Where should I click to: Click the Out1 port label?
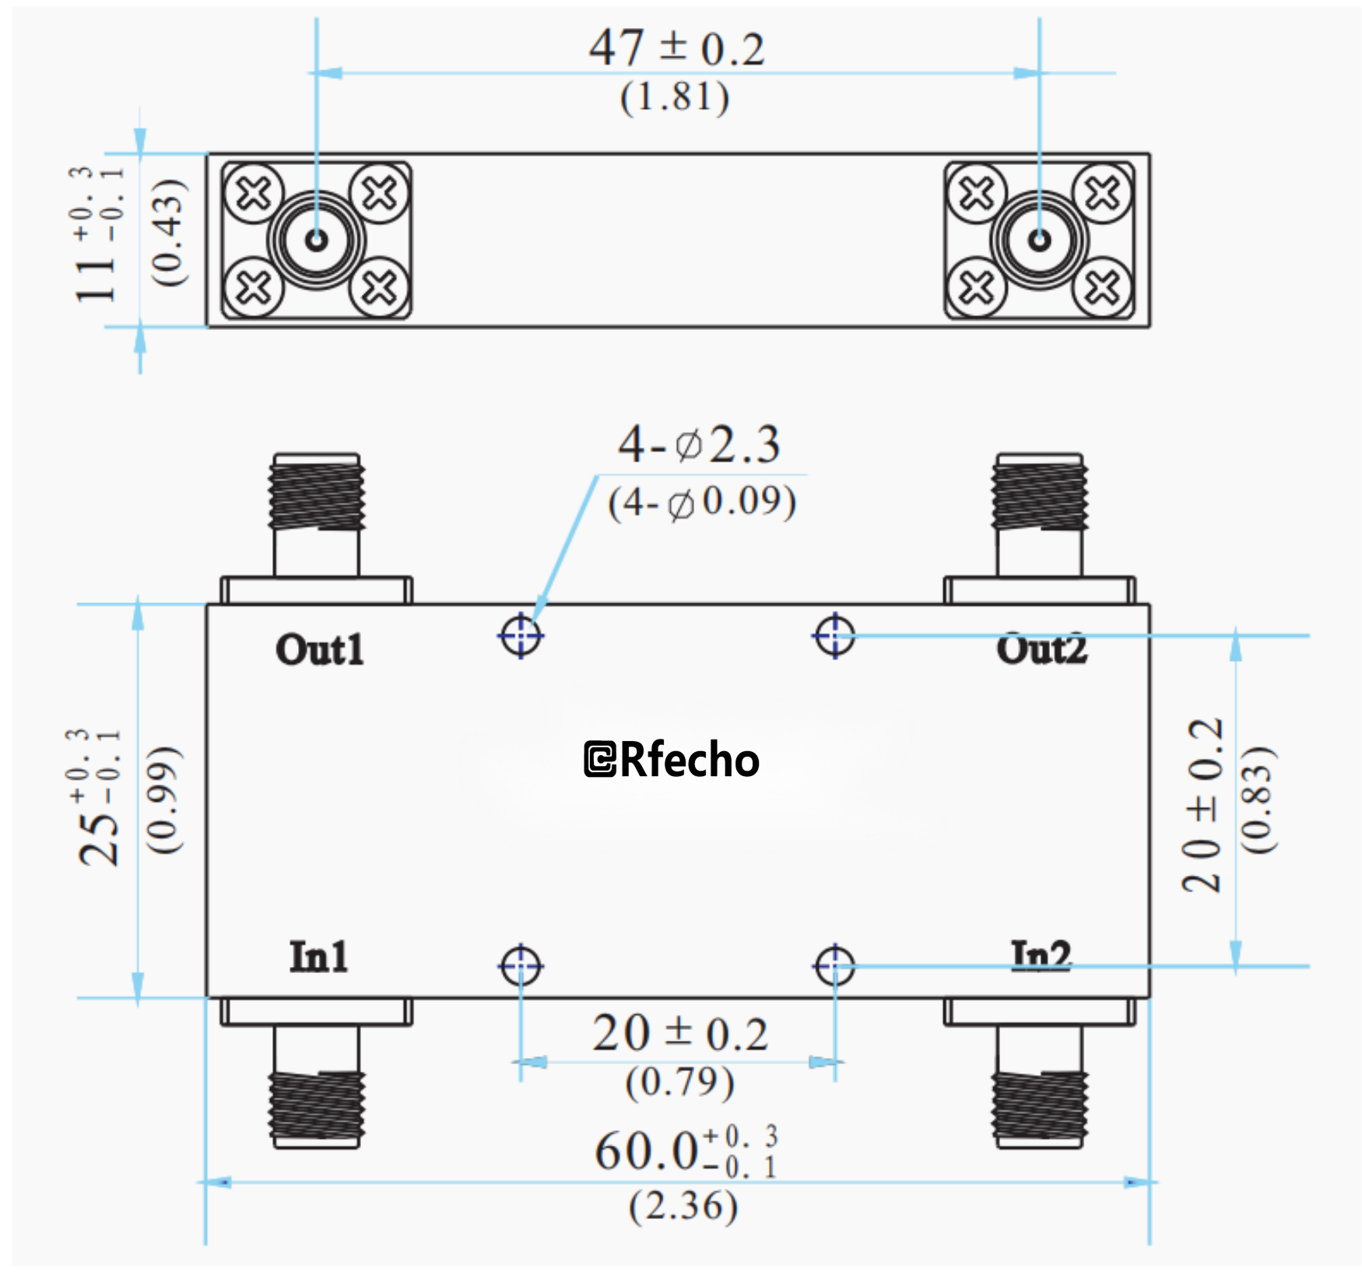319,650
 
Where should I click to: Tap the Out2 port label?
1041,650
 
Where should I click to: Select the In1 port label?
318,957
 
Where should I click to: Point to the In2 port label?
1041,955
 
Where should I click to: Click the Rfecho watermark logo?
671,760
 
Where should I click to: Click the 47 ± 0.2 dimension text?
676,48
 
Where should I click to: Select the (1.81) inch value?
675,98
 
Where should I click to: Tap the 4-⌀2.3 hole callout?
698,445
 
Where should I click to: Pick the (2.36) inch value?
683,1207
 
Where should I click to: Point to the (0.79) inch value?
679,1082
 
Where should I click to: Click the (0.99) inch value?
164,800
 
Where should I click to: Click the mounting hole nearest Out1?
521,636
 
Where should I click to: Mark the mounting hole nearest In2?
834,966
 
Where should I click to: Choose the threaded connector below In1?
317,1105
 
